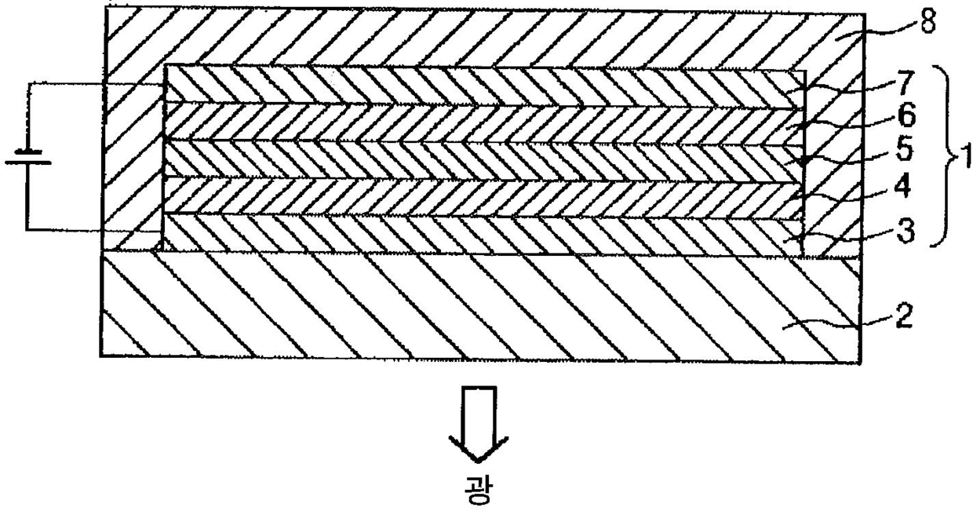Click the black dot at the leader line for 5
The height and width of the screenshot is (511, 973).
pos(804,161)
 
